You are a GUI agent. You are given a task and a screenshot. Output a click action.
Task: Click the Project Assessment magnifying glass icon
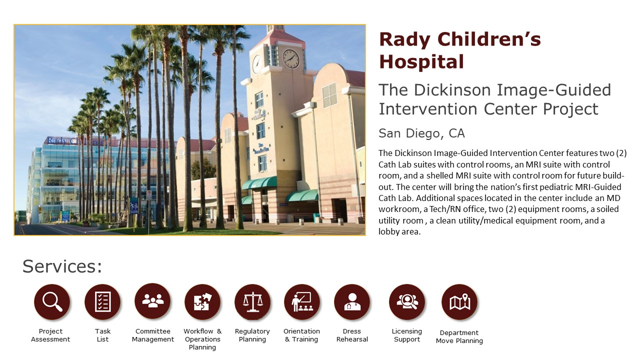[51, 301]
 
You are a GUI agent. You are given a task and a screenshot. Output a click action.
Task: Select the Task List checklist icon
[102, 301]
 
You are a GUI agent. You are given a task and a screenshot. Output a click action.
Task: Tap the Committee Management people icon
[152, 301]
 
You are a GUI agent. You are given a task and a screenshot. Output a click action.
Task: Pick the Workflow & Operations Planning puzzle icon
[202, 301]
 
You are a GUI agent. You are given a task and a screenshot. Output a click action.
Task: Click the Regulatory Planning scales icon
[252, 301]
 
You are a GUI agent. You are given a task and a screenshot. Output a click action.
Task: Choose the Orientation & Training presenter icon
[302, 301]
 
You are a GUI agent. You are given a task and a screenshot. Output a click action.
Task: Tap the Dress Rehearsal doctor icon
[352, 301]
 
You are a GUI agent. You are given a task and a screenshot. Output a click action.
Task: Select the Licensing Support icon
[407, 301]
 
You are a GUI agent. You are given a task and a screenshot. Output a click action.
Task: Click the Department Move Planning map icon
[459, 301]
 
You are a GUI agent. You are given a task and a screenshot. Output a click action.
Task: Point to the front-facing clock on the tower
[291, 59]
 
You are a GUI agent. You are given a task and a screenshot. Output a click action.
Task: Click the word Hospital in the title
[421, 61]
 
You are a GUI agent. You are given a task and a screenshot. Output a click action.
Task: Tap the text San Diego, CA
[421, 133]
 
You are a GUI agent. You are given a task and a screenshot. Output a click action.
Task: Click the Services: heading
[62, 266]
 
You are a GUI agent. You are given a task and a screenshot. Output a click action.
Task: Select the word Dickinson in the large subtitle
[453, 90]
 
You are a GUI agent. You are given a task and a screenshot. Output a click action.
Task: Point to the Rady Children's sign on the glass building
[77, 141]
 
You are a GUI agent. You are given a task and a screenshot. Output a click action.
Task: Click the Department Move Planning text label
[459, 336]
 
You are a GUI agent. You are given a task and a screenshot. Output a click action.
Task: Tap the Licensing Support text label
[407, 335]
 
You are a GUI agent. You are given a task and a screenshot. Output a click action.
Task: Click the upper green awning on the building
[259, 183]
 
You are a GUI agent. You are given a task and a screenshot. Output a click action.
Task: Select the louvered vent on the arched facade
[329, 95]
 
